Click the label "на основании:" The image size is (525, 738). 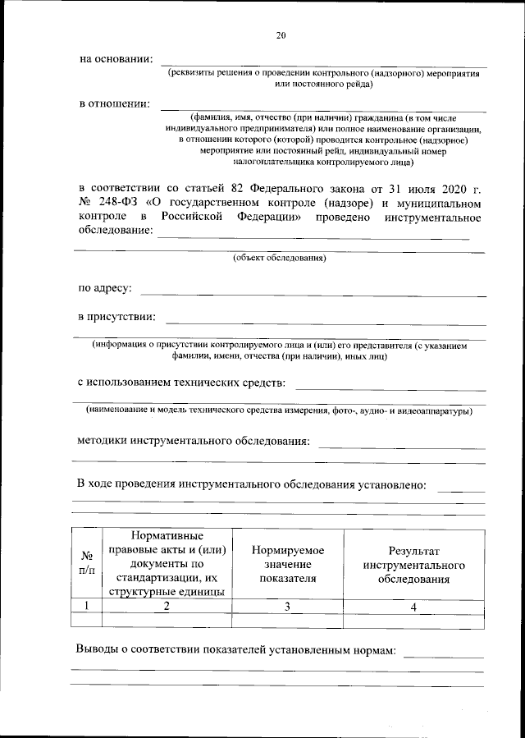(116, 59)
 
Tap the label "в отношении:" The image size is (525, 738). (114, 103)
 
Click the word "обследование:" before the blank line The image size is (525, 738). (115, 231)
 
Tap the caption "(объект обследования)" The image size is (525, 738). (280, 259)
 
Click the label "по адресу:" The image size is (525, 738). (105, 289)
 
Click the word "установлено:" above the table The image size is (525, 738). (390, 484)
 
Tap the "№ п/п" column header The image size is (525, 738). (86, 562)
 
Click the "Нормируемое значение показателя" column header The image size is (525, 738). (287, 565)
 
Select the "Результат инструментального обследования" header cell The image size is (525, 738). (413, 565)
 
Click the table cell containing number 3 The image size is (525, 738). (287, 607)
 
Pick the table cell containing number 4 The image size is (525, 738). (413, 607)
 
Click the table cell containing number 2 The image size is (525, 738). (167, 607)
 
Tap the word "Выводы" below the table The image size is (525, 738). (98, 650)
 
